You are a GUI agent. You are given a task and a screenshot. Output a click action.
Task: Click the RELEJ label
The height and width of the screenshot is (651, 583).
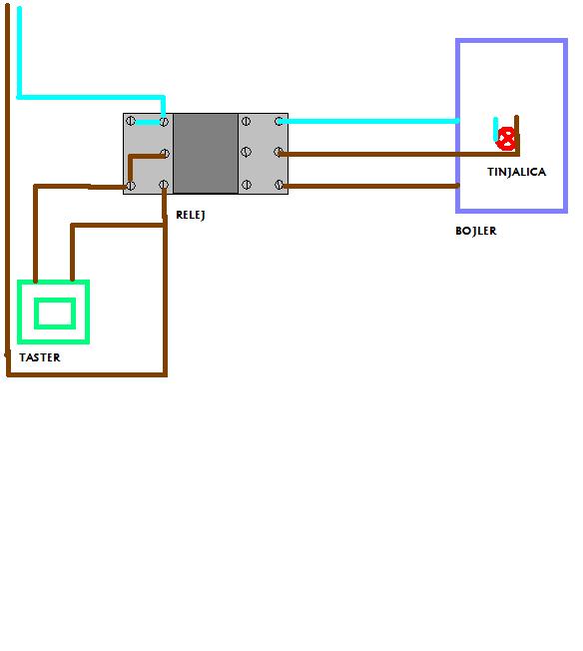pyautogui.click(x=191, y=215)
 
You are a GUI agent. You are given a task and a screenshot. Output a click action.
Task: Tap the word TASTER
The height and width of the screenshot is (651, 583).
pyautogui.click(x=40, y=357)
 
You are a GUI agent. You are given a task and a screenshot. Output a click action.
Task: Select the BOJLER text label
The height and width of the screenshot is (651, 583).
pyautogui.click(x=476, y=231)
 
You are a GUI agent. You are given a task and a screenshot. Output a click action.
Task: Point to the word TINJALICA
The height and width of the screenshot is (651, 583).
pyautogui.click(x=516, y=172)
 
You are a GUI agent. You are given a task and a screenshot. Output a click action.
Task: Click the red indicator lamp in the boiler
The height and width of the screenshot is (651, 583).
pyautogui.click(x=506, y=139)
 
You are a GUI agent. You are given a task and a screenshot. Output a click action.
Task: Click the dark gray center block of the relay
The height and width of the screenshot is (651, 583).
pyautogui.click(x=206, y=153)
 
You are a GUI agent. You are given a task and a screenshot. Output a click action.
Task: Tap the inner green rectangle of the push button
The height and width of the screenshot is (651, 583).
pyautogui.click(x=55, y=314)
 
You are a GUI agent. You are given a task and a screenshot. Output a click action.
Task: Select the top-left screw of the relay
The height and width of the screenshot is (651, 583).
pyautogui.click(x=131, y=121)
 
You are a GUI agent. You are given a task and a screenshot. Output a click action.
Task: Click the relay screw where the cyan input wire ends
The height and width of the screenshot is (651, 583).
pyautogui.click(x=164, y=122)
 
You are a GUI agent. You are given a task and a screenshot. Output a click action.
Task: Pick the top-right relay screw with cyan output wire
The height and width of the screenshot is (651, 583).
pyautogui.click(x=280, y=121)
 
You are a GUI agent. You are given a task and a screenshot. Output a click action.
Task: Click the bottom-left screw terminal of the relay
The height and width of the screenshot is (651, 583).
pyautogui.click(x=131, y=186)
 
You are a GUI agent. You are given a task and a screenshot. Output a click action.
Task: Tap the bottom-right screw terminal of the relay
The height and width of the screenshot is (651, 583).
pyautogui.click(x=280, y=185)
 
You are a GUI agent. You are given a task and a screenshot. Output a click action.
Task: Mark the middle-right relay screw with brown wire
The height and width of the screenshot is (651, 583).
pyautogui.click(x=279, y=153)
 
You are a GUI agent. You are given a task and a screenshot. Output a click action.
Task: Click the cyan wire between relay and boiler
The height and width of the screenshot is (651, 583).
pyautogui.click(x=369, y=121)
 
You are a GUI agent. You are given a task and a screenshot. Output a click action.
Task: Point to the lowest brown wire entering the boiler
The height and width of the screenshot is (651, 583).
pyautogui.click(x=370, y=186)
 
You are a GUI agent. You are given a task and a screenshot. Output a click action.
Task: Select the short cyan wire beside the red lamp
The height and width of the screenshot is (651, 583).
pyautogui.click(x=495, y=130)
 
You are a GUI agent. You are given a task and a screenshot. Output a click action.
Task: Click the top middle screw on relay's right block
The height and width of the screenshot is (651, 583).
pyautogui.click(x=246, y=121)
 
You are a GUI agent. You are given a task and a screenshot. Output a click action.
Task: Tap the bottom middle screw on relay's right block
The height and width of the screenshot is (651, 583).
pyautogui.click(x=247, y=185)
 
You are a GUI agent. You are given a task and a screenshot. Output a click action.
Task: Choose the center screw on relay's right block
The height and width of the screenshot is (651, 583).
pyautogui.click(x=246, y=152)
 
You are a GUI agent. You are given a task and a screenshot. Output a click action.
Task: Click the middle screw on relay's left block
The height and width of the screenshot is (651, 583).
pyautogui.click(x=165, y=154)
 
